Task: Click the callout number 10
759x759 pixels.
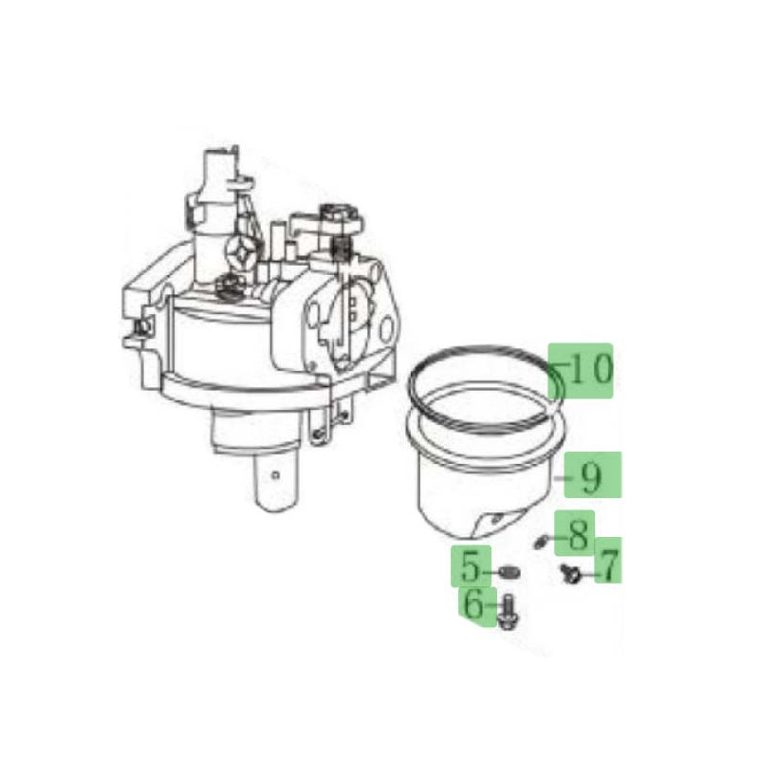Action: coord(590,369)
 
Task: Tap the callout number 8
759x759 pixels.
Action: coord(579,532)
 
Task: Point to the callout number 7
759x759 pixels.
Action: coord(606,566)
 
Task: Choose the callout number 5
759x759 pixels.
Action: coord(472,568)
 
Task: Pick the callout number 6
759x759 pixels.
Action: coord(473,603)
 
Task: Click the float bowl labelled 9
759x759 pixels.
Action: coord(484,474)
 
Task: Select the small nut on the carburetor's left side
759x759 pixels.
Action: coord(142,326)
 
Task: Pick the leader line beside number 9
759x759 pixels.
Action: coord(561,479)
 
